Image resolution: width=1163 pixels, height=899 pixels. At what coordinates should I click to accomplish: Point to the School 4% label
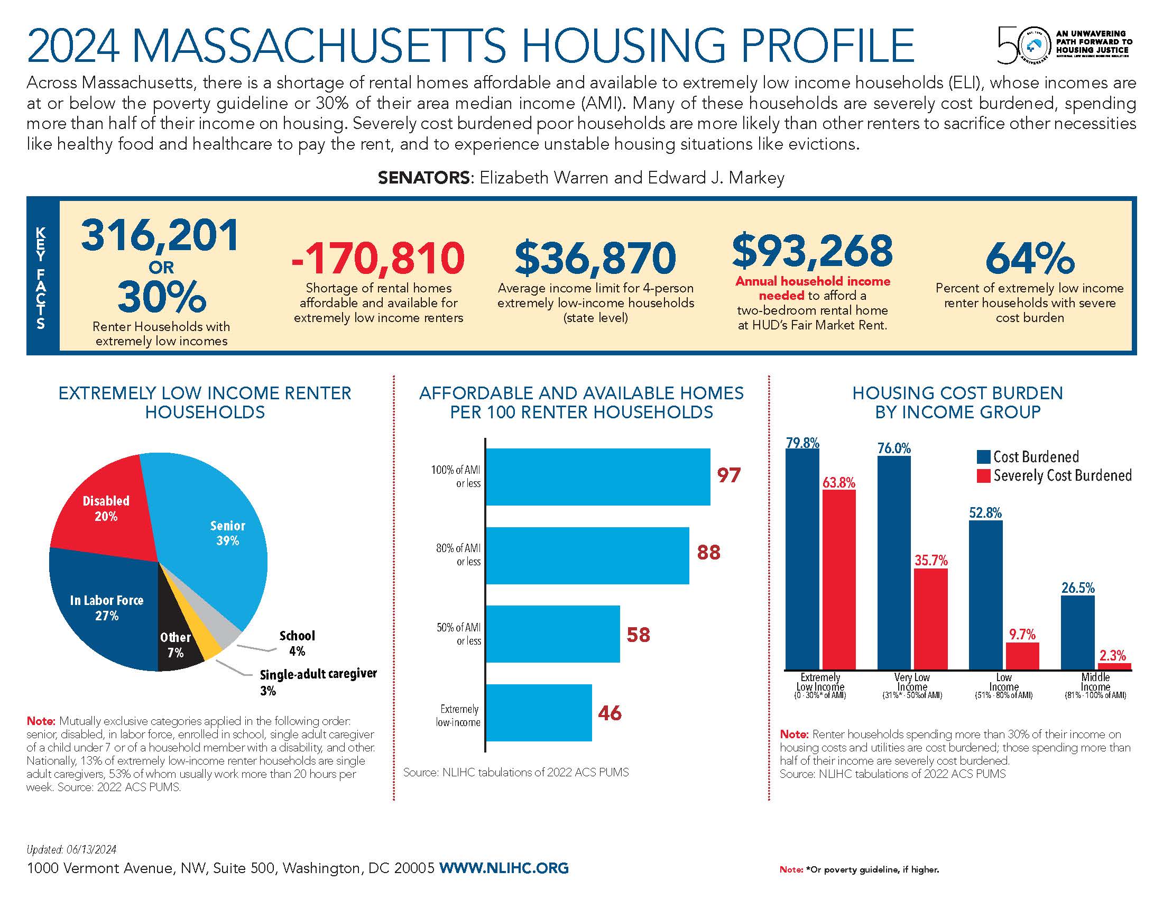(297, 643)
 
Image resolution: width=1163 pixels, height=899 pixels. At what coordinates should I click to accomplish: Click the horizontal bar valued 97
(597, 476)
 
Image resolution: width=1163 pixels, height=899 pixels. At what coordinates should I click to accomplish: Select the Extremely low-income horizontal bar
(538, 713)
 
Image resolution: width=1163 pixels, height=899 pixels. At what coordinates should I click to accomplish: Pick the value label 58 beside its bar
(638, 634)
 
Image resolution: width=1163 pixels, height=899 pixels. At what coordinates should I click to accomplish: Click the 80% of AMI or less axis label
(459, 554)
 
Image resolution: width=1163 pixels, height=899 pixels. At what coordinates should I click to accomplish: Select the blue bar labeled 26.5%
(1078, 632)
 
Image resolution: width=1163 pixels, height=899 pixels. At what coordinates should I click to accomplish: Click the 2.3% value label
(1112, 655)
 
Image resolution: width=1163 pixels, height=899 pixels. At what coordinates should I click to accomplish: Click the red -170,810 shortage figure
(377, 258)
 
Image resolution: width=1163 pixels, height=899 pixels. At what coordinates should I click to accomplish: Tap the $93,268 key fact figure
(813, 251)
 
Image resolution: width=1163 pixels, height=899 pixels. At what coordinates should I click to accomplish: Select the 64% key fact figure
(1029, 258)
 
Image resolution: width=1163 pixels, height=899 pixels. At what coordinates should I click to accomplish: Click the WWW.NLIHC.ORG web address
(504, 868)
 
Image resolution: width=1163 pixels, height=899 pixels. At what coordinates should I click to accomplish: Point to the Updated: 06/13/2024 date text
(71, 849)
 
